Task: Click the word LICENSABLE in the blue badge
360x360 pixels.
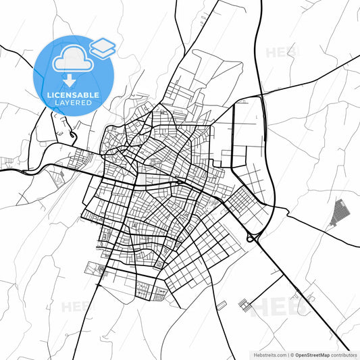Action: click(x=74, y=96)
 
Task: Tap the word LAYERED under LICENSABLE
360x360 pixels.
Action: click(x=74, y=105)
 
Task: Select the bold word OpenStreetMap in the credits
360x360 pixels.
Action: click(x=317, y=354)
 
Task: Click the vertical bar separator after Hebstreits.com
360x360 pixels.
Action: click(x=288, y=354)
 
